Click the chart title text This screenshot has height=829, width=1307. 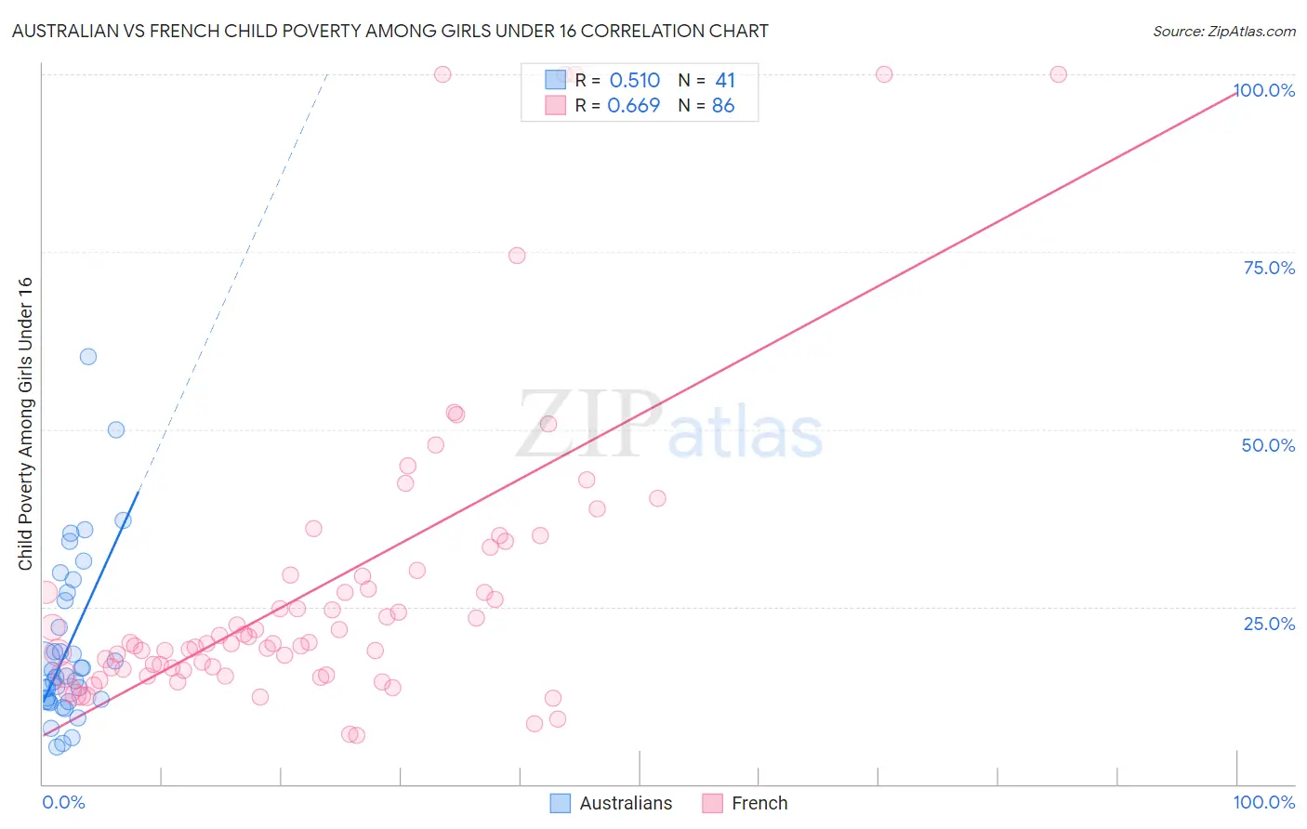point(390,31)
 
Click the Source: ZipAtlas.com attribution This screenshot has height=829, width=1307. point(1223,31)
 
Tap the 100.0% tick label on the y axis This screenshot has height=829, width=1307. point(1264,90)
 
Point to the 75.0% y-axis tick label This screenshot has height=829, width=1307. point(1269,268)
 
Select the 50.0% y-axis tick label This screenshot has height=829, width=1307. point(1268,445)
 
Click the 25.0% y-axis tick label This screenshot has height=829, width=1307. point(1269,623)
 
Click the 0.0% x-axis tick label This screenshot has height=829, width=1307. point(63,802)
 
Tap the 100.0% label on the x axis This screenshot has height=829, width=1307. point(1263,802)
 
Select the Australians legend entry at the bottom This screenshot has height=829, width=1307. point(612,803)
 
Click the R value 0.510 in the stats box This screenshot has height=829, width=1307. point(634,81)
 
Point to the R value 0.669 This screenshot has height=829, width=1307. point(633,106)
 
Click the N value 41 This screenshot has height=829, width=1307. point(725,81)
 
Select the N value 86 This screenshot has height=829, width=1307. point(723,106)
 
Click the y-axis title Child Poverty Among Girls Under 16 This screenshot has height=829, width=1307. point(25,424)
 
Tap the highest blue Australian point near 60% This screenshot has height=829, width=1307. point(88,356)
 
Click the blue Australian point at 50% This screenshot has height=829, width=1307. point(116,429)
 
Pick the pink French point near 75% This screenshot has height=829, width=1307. point(517,256)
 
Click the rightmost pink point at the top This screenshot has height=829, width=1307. point(1058,74)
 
